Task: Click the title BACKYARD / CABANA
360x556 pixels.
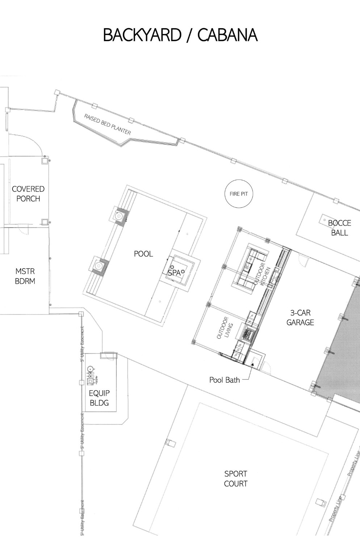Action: point(180,35)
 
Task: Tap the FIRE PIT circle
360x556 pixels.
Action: point(239,194)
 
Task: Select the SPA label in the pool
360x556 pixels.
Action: point(174,273)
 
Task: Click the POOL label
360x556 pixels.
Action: point(143,254)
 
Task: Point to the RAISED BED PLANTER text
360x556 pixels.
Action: point(107,125)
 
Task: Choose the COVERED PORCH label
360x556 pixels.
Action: point(28,194)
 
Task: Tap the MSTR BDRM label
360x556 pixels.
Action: point(25,276)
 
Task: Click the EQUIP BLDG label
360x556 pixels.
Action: point(99,397)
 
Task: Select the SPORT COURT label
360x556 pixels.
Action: point(236,478)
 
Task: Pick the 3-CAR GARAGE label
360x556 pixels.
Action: point(300,317)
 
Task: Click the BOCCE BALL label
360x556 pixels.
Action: point(339,228)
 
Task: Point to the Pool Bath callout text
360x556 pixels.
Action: point(225,380)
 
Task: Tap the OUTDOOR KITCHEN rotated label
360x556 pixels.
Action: point(262,274)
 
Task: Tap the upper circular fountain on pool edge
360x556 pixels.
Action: point(119,216)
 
